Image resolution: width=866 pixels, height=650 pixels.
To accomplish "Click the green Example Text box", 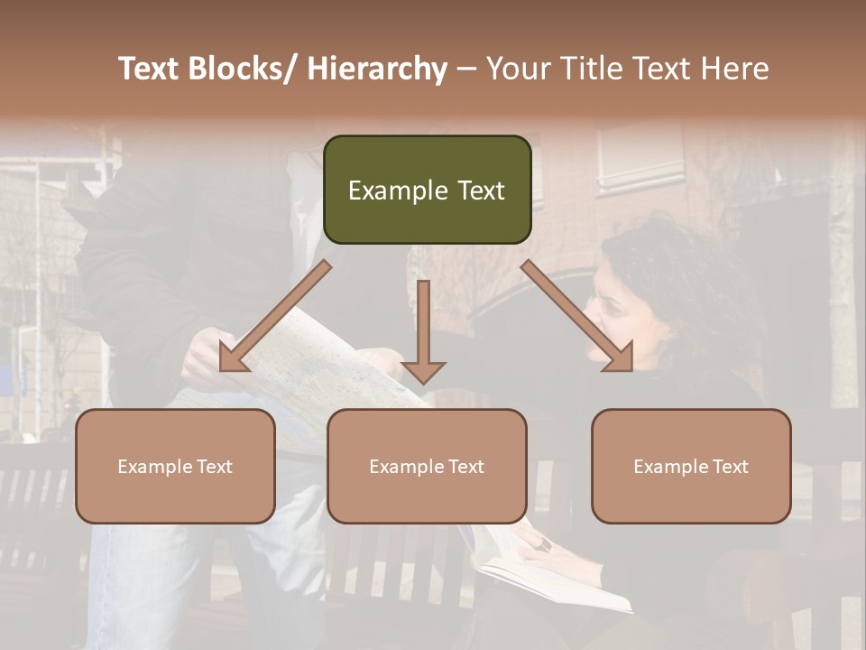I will tap(427, 190).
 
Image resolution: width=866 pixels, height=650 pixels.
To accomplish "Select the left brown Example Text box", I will tap(175, 466).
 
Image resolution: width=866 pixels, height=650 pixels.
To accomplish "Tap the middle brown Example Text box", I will tap(427, 466).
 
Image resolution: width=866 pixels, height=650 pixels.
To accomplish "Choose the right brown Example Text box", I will tap(691, 466).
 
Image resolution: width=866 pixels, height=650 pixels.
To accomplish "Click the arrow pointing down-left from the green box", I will tap(274, 317).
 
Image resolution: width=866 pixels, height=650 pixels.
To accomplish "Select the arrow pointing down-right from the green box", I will tap(577, 316).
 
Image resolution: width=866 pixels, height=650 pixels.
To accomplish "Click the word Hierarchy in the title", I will tap(377, 69).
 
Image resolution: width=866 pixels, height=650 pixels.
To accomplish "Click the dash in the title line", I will tap(466, 70).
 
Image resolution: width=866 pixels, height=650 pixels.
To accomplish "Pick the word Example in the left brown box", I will tap(155, 466).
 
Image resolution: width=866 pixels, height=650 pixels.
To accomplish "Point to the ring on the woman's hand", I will tap(545, 544).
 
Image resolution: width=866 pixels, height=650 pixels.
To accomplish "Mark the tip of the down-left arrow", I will tap(222, 369).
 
